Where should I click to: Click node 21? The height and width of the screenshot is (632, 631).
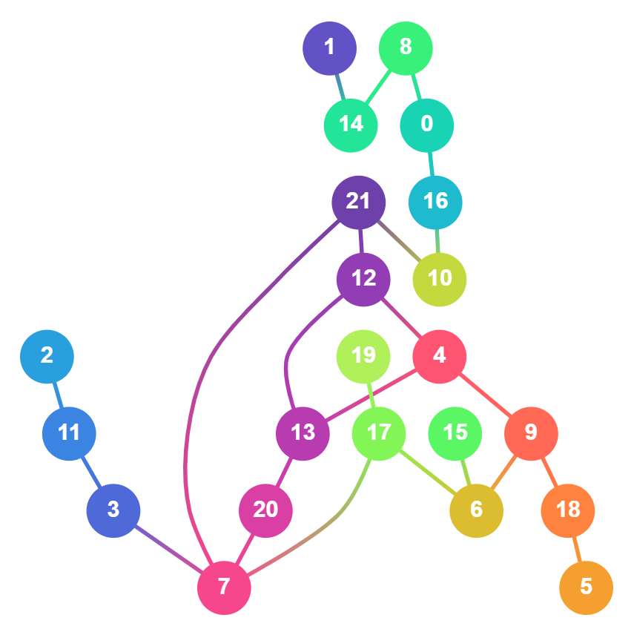[x=358, y=202]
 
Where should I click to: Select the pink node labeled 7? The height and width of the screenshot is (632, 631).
[x=224, y=587]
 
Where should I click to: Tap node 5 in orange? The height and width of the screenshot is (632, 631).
[x=586, y=587]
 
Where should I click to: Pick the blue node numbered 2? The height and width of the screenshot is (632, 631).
[x=47, y=356]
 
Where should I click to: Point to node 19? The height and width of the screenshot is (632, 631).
[x=363, y=356]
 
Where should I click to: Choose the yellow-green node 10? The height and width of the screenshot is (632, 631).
[x=440, y=279]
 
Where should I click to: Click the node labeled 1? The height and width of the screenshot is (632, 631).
[x=329, y=48]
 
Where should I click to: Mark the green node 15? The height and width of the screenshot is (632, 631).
[x=455, y=433]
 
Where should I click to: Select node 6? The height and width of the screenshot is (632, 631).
[x=476, y=510]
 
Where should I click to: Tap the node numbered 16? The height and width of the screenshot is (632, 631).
[x=435, y=202]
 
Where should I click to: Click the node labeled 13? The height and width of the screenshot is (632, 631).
[x=303, y=433]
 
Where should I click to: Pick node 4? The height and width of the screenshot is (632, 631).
[x=440, y=356]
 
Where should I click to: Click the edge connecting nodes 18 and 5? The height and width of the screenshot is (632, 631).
[x=577, y=549]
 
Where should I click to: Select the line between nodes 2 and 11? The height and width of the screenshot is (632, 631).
[x=58, y=395]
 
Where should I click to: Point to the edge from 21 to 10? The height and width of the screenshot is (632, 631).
[x=399, y=240]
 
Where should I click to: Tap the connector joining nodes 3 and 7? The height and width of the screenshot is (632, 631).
[x=169, y=549]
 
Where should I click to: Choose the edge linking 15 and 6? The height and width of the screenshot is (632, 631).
[x=466, y=472]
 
